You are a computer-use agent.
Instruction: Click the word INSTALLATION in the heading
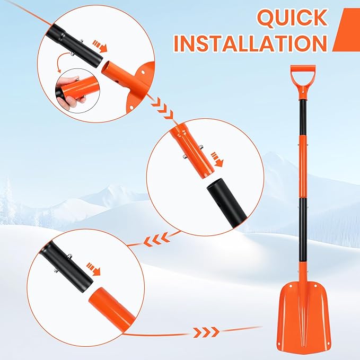[250, 43]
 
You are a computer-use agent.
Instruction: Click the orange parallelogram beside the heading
[346, 30]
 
